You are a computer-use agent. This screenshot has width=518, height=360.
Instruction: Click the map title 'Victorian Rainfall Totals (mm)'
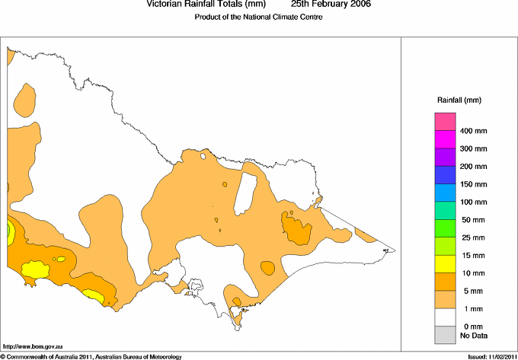click(206, 4)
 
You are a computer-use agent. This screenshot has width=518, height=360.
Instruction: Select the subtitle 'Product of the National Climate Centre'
click(258, 17)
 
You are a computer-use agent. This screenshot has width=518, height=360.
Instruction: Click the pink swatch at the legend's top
click(445, 122)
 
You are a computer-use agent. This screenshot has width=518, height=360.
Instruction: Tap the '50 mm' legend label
click(469, 220)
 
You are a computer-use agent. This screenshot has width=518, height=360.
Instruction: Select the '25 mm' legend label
click(469, 238)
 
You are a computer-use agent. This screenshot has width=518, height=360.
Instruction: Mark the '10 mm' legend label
click(469, 273)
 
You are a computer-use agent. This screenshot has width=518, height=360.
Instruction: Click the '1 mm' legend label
click(467, 309)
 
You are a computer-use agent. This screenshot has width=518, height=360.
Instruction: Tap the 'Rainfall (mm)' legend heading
click(459, 100)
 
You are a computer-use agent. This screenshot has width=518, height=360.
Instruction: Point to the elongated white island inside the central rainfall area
click(245, 193)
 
